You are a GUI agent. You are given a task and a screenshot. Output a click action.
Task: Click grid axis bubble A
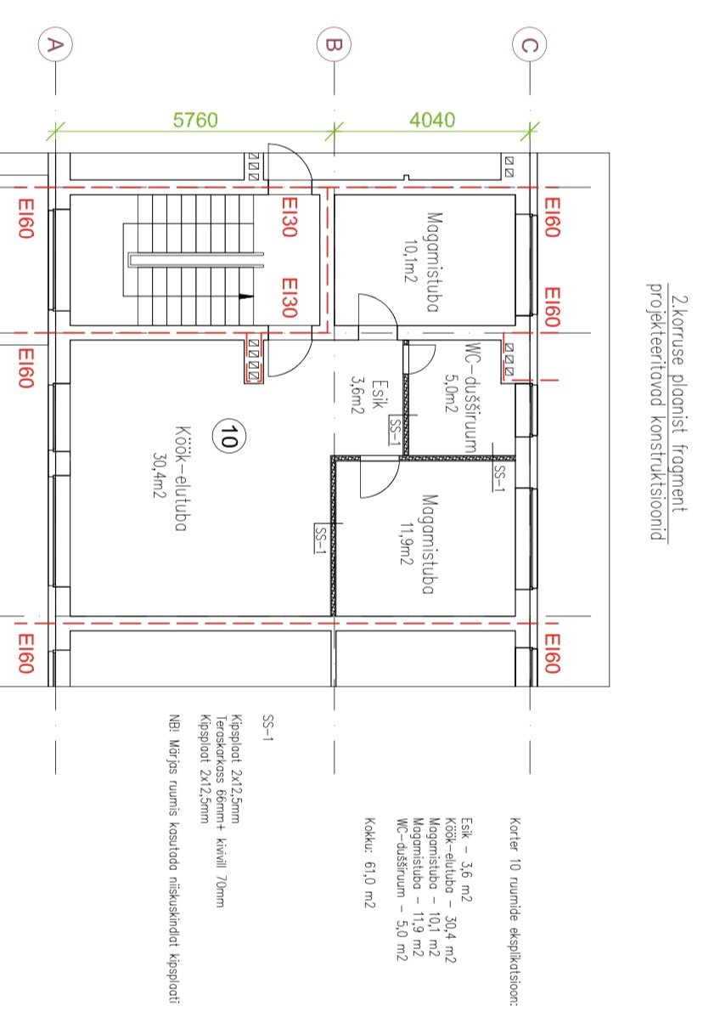coord(56,44)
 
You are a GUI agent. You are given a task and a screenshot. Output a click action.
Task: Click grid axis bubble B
coord(334,44)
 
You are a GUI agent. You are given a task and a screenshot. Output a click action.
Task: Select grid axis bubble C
coord(530,44)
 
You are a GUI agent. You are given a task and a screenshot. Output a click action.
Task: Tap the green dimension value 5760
coord(195,120)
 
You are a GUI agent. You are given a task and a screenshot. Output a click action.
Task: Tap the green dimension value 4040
coord(432,120)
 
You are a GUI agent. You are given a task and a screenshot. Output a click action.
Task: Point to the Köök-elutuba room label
coord(181,478)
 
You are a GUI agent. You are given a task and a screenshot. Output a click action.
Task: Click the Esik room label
coord(380,394)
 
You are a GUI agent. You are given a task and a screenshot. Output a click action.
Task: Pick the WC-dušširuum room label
coord(473,398)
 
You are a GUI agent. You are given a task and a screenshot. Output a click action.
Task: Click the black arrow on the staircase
coord(246,297)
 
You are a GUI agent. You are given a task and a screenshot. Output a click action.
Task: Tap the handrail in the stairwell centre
coord(195,260)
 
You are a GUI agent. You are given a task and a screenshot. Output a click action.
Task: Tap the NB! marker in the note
coord(174,722)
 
